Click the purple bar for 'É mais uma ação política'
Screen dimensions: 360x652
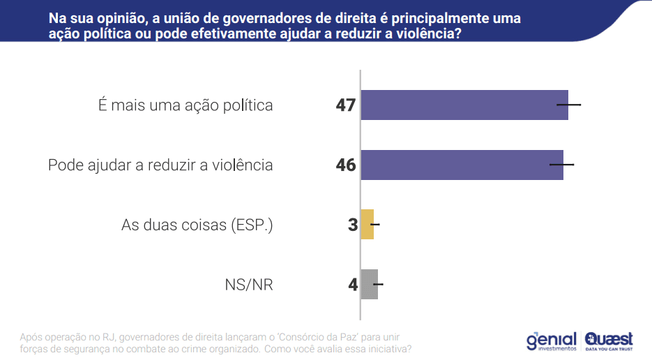464,105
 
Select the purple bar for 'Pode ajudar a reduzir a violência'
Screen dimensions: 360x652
462,165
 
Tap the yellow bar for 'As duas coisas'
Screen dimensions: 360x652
367,225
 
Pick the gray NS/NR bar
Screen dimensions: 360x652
369,285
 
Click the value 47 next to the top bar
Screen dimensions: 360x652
345,105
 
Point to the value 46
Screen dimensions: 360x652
345,165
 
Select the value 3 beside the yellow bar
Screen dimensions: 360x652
353,225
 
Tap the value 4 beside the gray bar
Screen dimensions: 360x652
353,285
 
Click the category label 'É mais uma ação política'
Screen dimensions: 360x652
185,105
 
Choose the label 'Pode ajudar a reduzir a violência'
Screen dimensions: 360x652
160,165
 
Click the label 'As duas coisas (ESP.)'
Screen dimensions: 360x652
197,225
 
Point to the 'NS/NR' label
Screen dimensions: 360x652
248,285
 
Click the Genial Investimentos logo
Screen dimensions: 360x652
551,340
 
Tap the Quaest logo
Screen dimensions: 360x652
609,340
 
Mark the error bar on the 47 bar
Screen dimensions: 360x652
568,105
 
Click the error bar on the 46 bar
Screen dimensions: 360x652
562,165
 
